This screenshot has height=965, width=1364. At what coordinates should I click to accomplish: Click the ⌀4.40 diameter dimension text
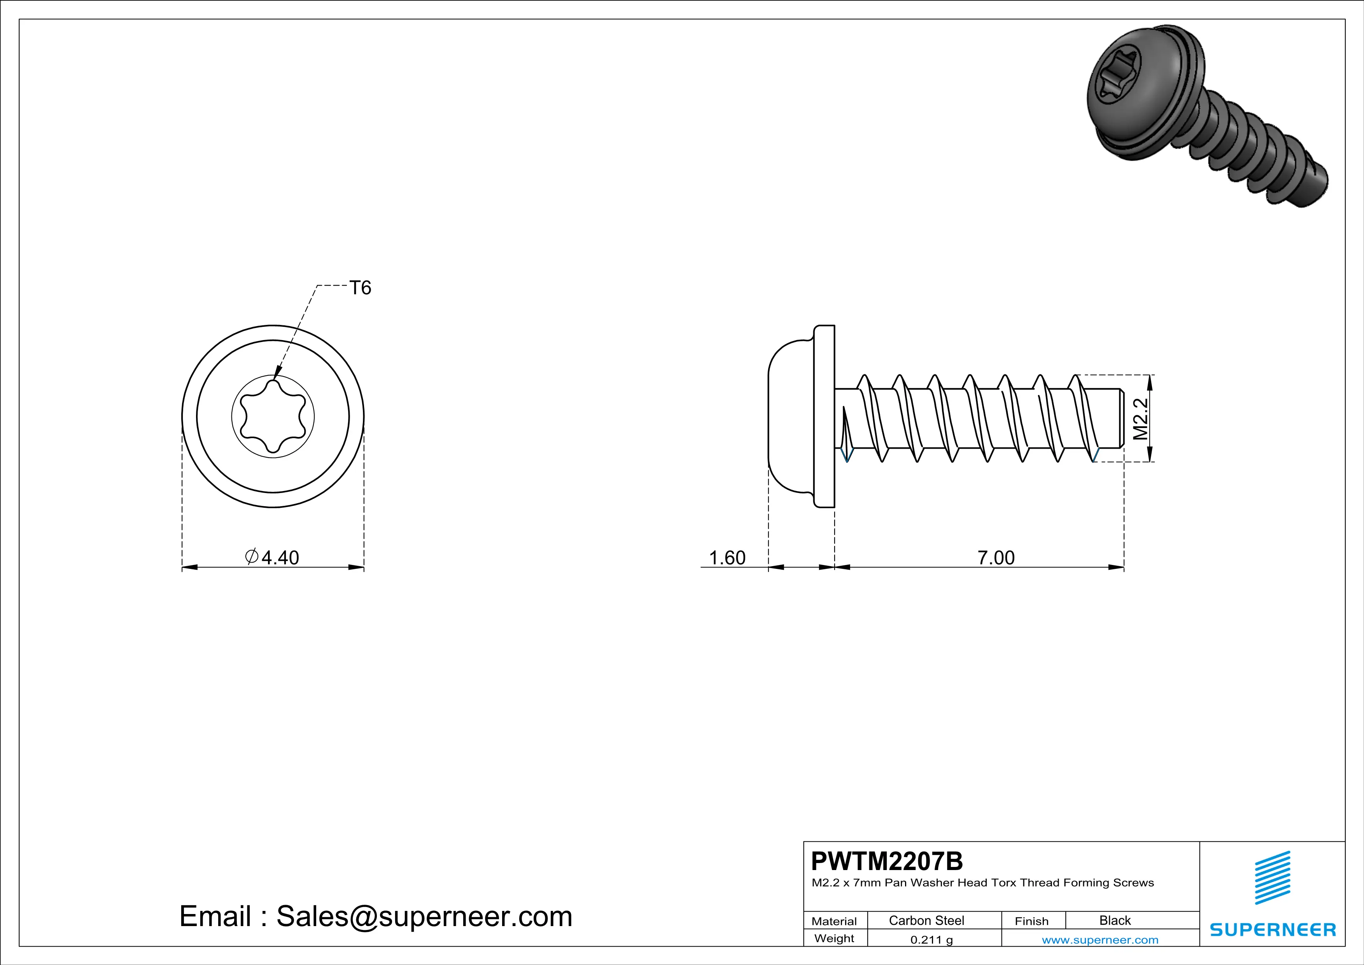pos(273,557)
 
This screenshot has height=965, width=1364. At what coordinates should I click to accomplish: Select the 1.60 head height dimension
pos(727,557)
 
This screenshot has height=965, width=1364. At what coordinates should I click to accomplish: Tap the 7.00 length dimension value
pos(996,557)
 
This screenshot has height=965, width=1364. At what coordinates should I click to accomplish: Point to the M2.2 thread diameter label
pos(1141,419)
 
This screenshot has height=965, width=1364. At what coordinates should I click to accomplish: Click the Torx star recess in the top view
pos(273,416)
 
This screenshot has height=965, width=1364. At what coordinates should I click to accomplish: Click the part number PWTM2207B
pos(886,861)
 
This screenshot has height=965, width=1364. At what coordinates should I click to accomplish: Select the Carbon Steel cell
pos(926,920)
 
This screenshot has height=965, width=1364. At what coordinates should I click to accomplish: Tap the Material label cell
pos(834,921)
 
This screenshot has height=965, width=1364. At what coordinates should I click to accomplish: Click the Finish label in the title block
pos(1031,921)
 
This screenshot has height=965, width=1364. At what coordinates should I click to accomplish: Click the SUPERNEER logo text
pos(1273,929)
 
